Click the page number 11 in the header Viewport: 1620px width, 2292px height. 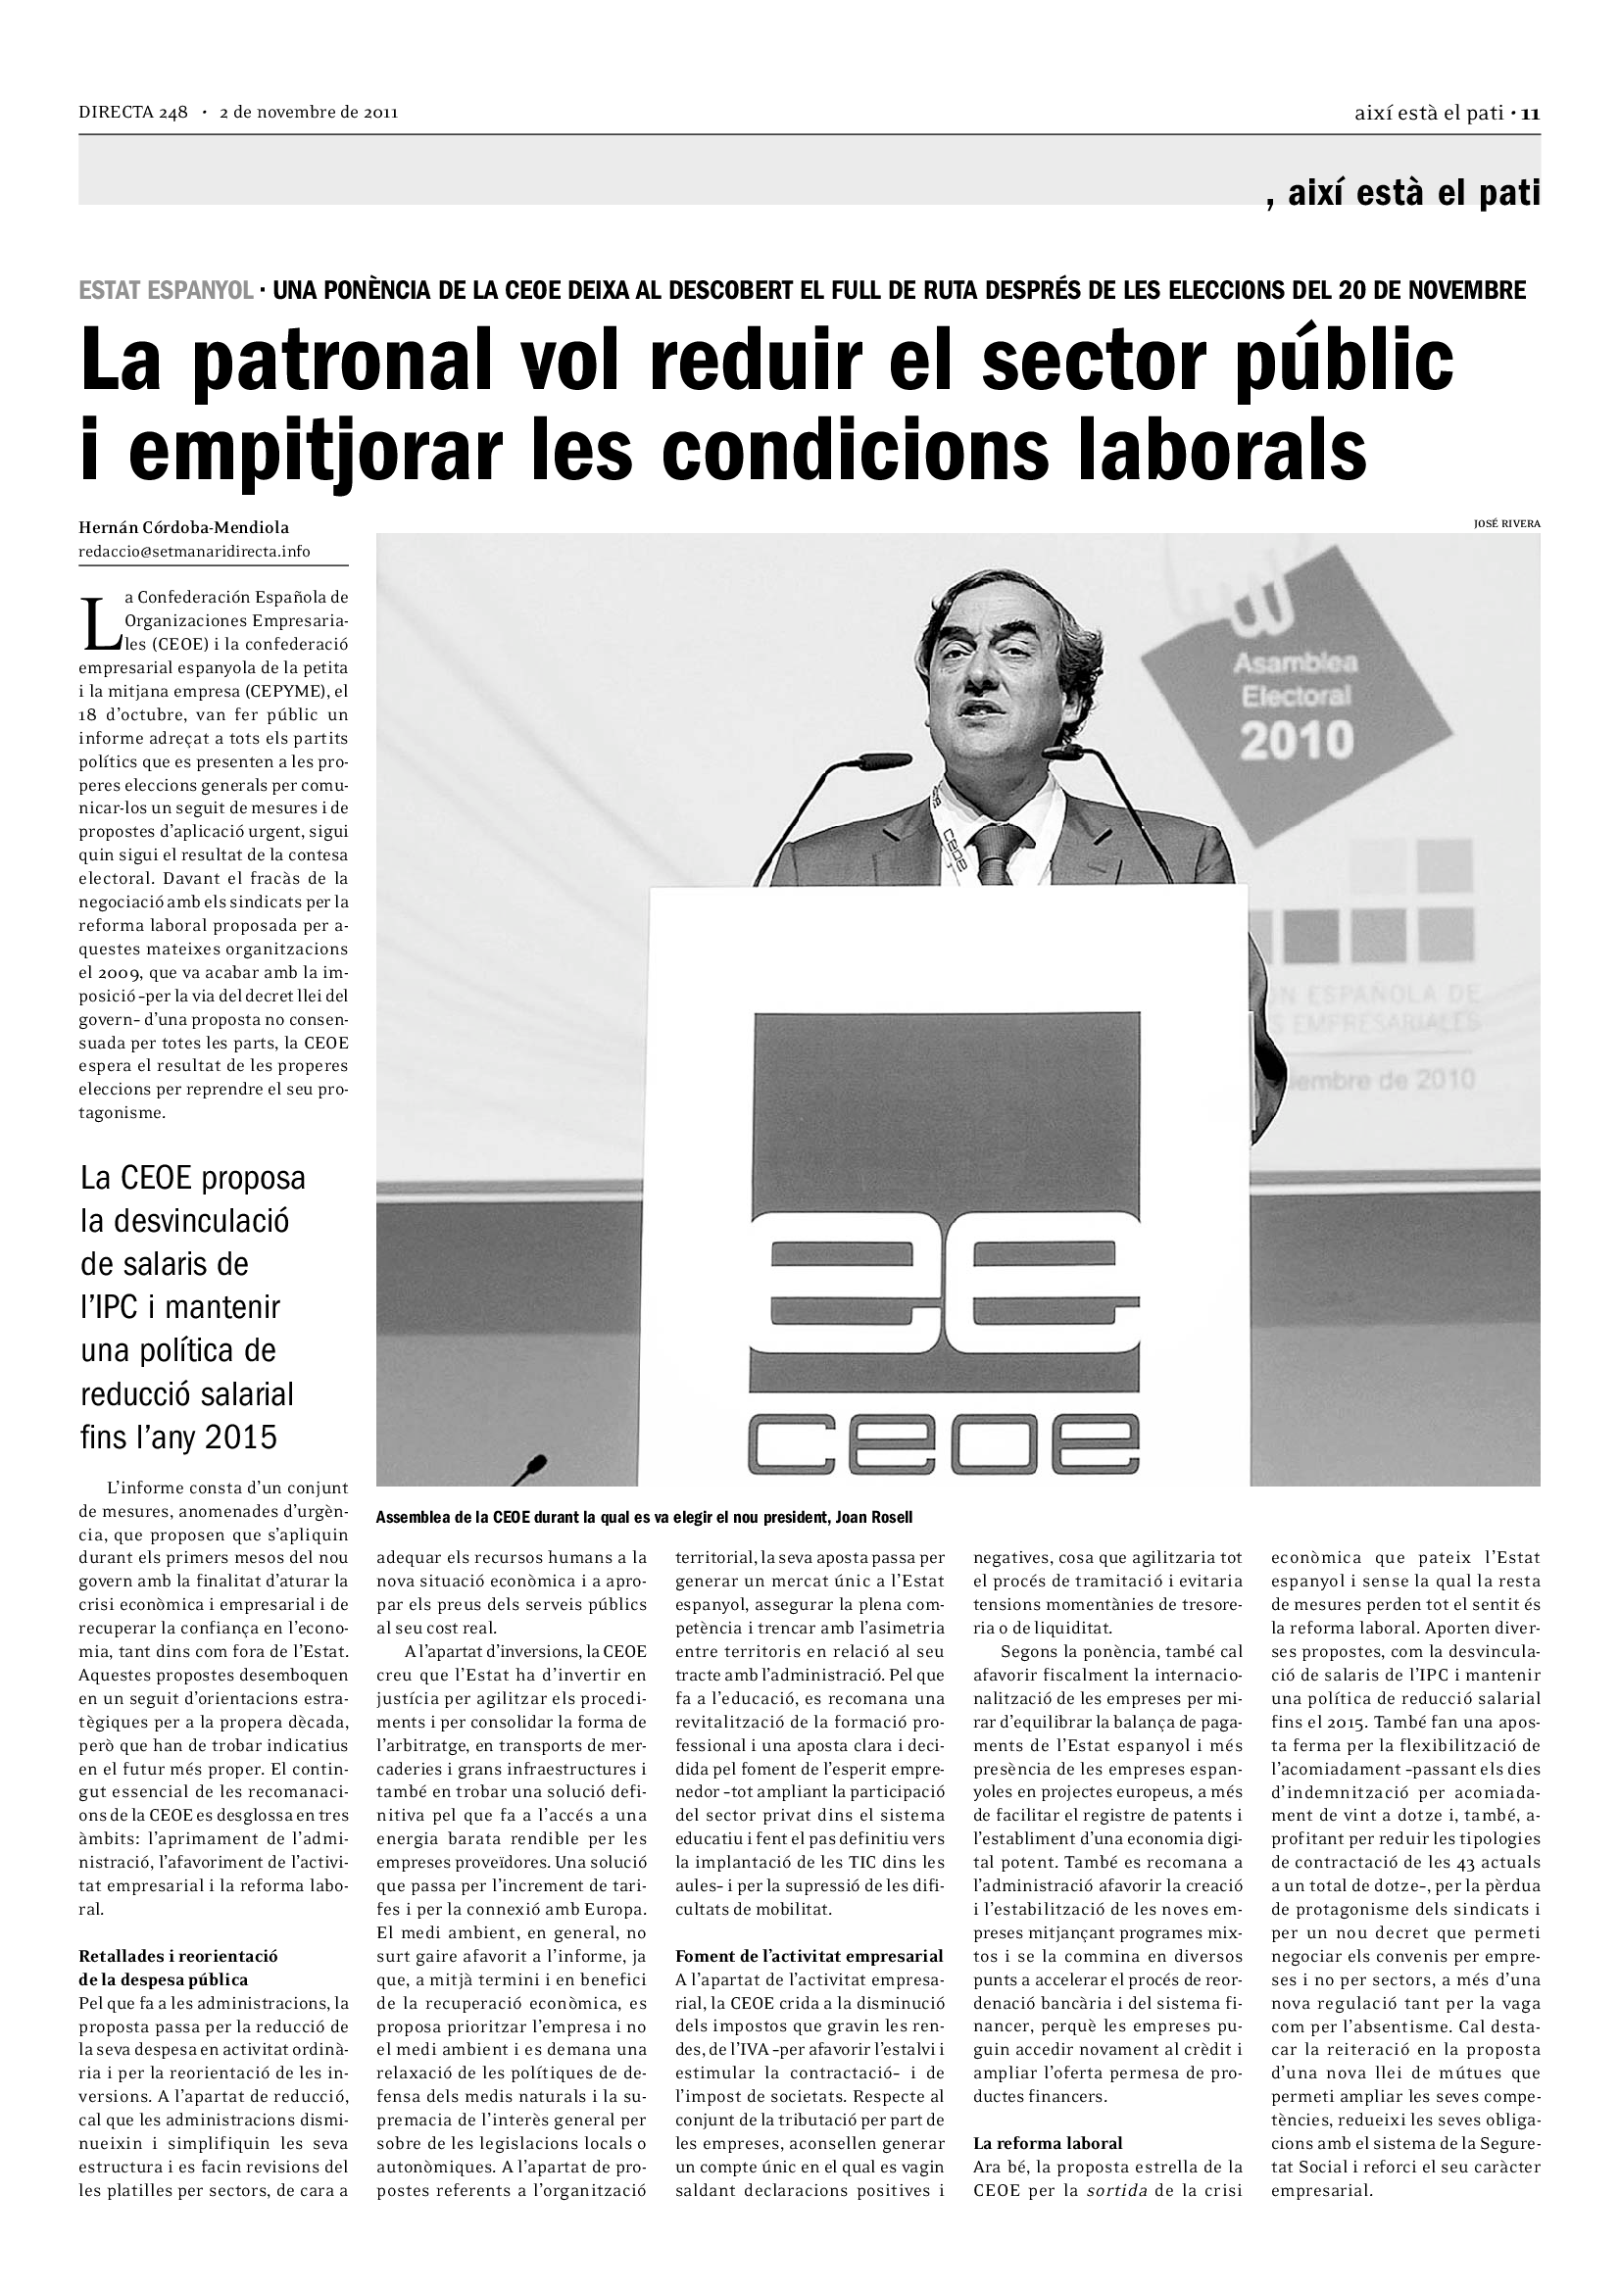pos(1531,114)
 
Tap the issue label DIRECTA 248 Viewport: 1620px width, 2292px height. pos(133,113)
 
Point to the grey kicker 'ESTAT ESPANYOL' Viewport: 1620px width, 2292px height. pos(166,290)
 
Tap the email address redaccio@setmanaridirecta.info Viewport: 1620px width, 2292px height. pos(195,551)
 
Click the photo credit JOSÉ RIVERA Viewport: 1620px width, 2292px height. pos(1507,523)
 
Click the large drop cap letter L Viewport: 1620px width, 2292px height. pos(98,624)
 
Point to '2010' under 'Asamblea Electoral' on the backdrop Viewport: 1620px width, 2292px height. pos(1297,740)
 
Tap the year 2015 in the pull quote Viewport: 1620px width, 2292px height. pos(240,1437)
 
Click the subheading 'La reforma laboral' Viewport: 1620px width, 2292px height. pos(1047,2142)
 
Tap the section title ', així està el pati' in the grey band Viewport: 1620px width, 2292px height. pos(1402,193)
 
